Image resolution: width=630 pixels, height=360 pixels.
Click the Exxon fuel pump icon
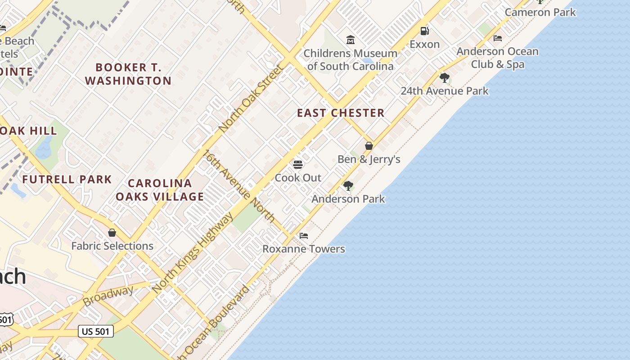tap(424, 31)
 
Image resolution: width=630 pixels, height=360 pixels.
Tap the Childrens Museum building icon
tap(351, 40)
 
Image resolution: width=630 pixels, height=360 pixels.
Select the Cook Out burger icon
tap(298, 164)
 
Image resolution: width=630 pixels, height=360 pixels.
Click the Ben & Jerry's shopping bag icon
tap(369, 146)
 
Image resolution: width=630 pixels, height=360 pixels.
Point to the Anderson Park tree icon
tap(348, 185)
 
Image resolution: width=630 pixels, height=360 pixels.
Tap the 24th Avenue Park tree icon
tap(445, 78)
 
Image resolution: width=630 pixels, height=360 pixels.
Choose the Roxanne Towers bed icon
tap(304, 235)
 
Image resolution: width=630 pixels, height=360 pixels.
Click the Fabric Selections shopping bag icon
tap(112, 233)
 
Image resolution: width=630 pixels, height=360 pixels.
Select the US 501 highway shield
tap(96, 332)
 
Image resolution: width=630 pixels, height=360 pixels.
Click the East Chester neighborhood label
tap(341, 113)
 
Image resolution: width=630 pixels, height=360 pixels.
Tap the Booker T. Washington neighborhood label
tap(128, 74)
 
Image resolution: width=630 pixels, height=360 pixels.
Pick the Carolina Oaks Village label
tap(160, 190)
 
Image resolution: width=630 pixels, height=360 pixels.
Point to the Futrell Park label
tap(67, 180)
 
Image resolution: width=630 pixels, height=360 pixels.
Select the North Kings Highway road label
tap(193, 253)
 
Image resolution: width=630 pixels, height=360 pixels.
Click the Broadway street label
tap(108, 295)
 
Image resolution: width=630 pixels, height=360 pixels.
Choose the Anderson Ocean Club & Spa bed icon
tap(498, 38)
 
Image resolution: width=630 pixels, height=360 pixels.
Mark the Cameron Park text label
tap(540, 12)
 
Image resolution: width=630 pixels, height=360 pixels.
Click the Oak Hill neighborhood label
tap(29, 131)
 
